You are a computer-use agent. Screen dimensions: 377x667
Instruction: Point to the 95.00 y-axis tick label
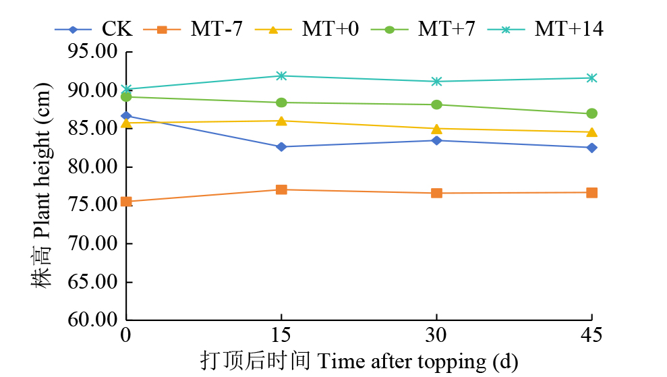94,52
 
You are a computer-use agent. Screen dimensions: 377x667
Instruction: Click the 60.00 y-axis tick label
94,320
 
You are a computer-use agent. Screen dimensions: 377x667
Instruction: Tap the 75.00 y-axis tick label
94,205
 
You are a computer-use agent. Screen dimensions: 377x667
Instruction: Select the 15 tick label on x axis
281,335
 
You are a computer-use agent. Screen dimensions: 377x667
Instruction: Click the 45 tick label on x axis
591,335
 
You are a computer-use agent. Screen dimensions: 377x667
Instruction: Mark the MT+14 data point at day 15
281,76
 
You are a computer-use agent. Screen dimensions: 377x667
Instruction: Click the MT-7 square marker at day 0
126,202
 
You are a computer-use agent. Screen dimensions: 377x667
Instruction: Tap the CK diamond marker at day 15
281,146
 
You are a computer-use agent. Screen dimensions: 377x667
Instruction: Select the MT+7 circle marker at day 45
591,113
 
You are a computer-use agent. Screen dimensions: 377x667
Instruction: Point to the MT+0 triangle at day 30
436,128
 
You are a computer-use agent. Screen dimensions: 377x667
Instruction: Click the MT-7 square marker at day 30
436,193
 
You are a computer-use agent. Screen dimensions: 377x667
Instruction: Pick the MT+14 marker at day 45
591,78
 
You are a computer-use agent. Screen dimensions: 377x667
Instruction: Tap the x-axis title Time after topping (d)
359,361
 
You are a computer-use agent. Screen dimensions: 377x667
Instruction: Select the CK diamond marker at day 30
436,140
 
